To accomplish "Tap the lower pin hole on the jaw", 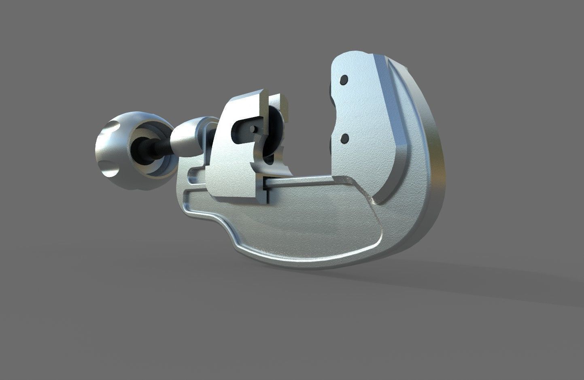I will (x=345, y=138).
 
